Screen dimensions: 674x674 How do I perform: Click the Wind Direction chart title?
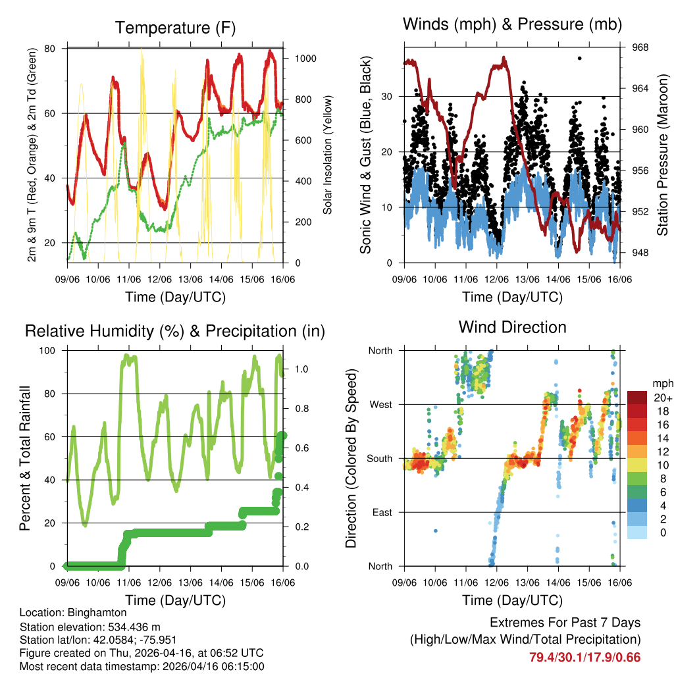tap(512, 326)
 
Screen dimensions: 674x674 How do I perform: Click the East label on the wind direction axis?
tap(382, 512)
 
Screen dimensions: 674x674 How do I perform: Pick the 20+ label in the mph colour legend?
tap(662, 398)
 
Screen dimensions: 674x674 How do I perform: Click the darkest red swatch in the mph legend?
tap(637, 398)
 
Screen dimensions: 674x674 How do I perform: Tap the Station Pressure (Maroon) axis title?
tap(663, 155)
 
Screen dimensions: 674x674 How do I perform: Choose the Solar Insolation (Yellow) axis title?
tap(327, 155)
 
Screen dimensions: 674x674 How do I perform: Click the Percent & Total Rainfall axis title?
tap(25, 458)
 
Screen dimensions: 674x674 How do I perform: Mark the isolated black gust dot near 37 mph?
tap(579, 59)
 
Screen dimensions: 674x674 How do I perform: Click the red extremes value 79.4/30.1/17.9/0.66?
tap(584, 657)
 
